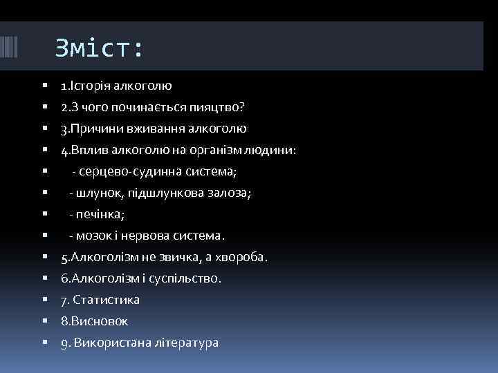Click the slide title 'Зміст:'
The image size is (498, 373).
click(x=100, y=48)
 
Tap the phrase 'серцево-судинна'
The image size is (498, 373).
click(x=129, y=171)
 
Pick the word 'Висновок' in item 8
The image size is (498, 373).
click(x=98, y=321)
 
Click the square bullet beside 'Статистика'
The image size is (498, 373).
click(x=44, y=300)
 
